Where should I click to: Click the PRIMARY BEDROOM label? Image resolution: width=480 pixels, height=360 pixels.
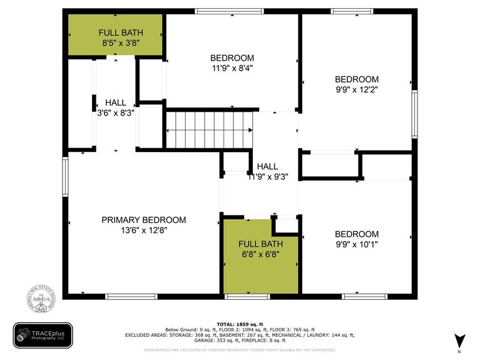click(143, 220)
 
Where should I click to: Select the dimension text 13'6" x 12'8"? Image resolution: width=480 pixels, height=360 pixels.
click(143, 230)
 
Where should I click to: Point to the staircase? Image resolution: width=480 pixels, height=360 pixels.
click(209, 130)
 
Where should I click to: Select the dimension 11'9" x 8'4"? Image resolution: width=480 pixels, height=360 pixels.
click(232, 68)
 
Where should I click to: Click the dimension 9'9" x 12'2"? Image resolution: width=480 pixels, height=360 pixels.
click(357, 90)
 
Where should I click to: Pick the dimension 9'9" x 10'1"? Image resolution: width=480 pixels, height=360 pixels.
click(357, 244)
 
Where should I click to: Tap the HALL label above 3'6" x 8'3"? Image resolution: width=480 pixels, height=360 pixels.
click(115, 103)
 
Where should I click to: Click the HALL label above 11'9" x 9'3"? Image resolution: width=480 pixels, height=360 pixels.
click(267, 167)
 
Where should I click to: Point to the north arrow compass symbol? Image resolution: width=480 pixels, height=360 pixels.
click(460, 341)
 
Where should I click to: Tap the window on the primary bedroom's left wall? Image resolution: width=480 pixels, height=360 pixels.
click(65, 177)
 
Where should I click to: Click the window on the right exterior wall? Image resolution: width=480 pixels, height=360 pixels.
click(414, 113)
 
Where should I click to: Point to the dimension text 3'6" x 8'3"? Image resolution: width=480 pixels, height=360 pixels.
click(115, 113)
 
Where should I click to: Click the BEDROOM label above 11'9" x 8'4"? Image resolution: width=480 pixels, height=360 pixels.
click(232, 58)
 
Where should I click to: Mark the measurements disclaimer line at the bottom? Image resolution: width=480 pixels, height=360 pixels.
click(240, 350)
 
